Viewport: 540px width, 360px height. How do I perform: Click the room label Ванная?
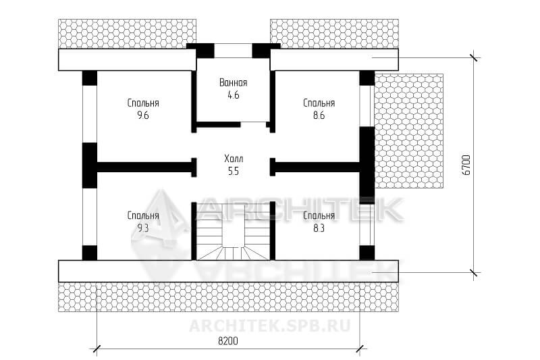(233, 82)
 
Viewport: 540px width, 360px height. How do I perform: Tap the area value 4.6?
(233, 95)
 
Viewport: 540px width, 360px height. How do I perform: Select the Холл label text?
(234, 159)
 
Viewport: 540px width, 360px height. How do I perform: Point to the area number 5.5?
(233, 171)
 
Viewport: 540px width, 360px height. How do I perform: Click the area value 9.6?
(143, 115)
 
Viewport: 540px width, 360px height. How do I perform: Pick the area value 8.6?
(319, 115)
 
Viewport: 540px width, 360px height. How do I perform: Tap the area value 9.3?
(143, 228)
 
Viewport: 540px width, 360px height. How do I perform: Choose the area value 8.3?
(319, 228)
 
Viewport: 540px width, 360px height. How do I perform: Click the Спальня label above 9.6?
(143, 103)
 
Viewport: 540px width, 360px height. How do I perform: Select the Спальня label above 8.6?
(319, 103)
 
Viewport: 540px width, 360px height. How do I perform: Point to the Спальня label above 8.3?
(319, 215)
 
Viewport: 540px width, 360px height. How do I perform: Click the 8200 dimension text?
(228, 341)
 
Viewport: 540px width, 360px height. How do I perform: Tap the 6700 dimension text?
(466, 165)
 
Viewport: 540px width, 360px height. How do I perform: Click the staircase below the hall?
(233, 232)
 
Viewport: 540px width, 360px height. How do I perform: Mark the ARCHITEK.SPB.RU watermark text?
(269, 326)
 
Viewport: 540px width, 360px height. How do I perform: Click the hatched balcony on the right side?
(409, 131)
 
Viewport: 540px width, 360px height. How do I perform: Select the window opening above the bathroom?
(233, 51)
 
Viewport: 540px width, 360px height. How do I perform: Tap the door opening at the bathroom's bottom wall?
(254, 124)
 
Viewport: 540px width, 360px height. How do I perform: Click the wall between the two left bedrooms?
(144, 167)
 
